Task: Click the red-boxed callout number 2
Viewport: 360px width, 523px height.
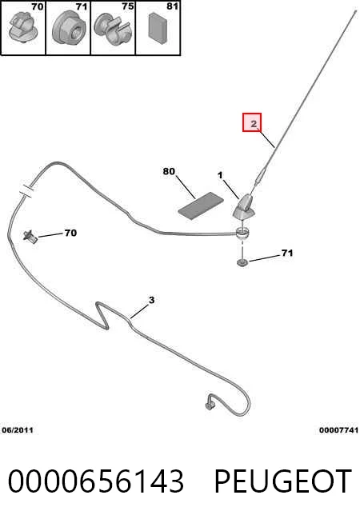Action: coord(254,124)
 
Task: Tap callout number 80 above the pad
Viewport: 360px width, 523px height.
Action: coord(169,171)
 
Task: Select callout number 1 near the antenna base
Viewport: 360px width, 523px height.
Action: coord(220,175)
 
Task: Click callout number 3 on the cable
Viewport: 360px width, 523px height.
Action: coord(152,300)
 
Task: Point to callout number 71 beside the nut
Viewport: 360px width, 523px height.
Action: coord(287,254)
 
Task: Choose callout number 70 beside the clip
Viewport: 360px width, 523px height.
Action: coord(70,233)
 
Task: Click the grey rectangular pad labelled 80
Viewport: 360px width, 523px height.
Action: coord(201,206)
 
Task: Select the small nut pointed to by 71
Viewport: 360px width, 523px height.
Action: coord(242,263)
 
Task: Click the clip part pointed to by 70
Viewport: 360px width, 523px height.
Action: coord(30,237)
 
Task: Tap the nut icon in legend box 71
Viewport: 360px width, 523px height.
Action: coord(69,27)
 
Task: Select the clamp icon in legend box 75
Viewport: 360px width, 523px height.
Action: coord(112,30)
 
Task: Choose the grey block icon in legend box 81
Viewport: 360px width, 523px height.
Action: coord(158,28)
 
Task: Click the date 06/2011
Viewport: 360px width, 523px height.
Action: coord(18,430)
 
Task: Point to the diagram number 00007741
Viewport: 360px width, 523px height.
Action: coord(338,430)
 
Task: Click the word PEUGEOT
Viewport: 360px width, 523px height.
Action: coord(282,481)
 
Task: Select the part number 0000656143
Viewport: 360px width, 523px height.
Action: coord(95,481)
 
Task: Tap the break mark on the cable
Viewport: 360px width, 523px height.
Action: coord(26,191)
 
